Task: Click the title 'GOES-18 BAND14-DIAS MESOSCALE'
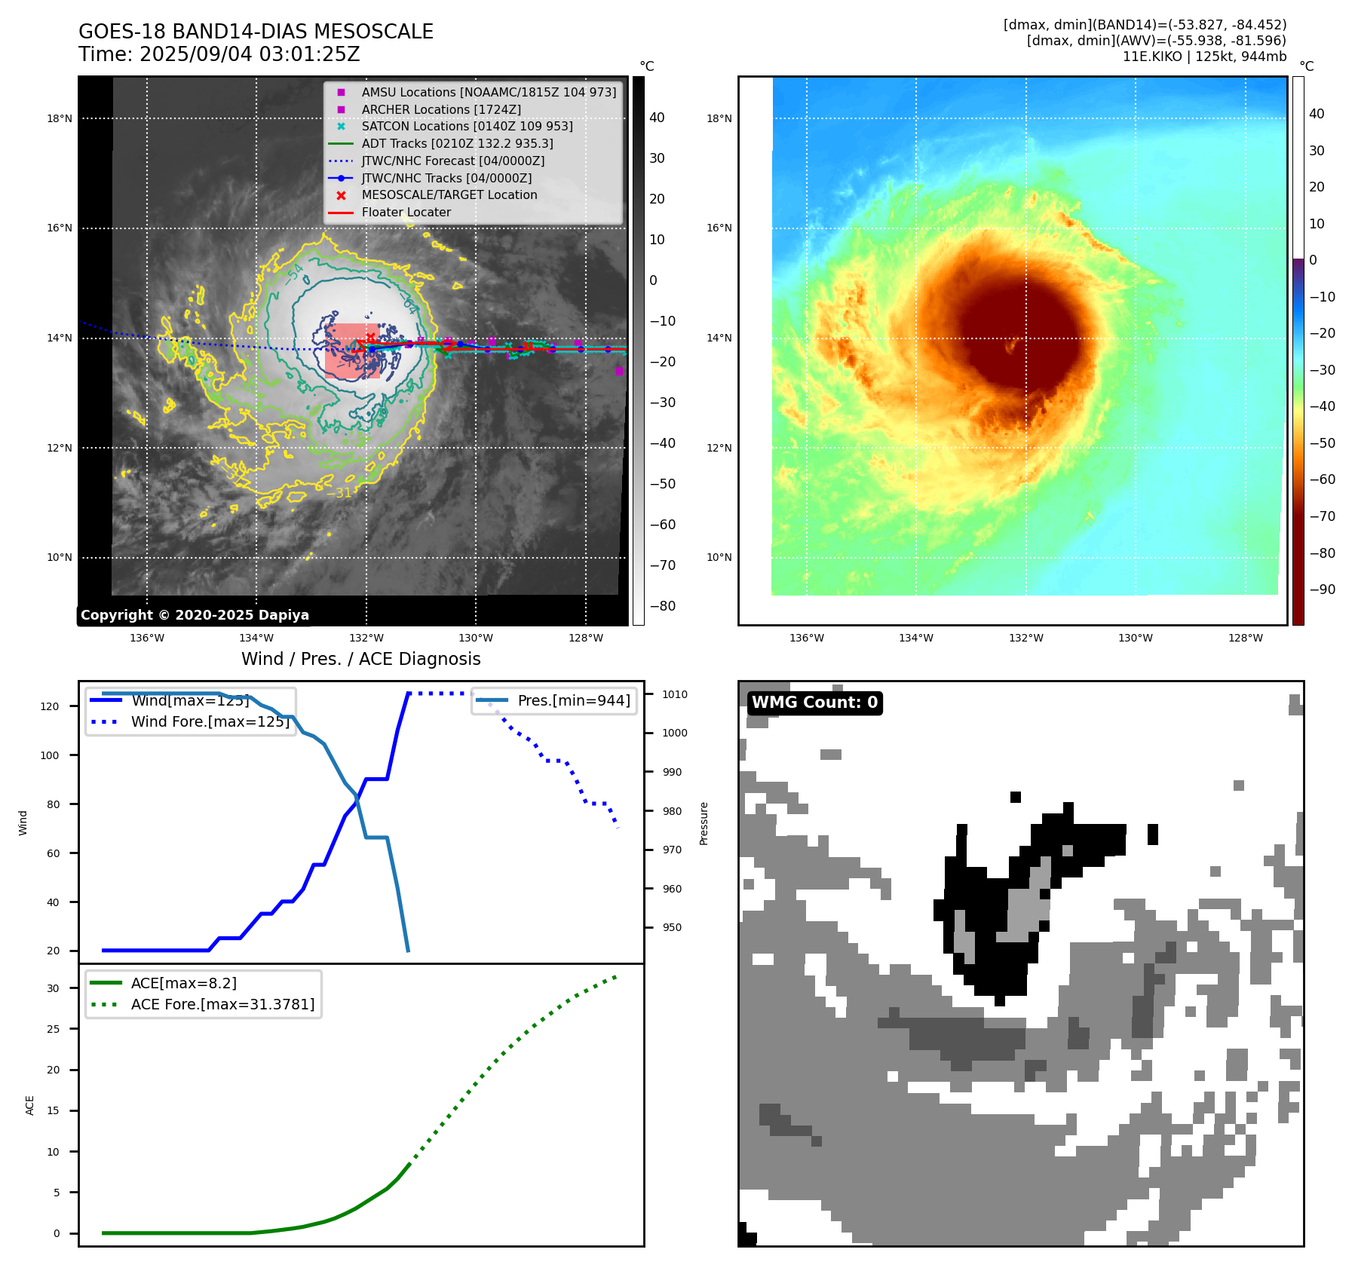[x=256, y=32]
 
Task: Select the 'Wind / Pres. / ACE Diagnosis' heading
[x=360, y=659]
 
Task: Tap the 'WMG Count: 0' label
[x=814, y=703]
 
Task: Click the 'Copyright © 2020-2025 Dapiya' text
[x=195, y=615]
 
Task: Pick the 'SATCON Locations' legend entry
[x=467, y=127]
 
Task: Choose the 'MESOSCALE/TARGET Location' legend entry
[x=449, y=195]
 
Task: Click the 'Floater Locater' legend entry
[x=406, y=213]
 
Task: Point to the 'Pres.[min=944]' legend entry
[x=573, y=700]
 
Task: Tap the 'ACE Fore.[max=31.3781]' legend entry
[x=222, y=1004]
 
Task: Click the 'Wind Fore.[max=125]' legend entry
[x=210, y=721]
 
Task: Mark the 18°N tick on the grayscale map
[x=60, y=118]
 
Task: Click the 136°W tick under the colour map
[x=806, y=638]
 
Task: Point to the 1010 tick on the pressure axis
[x=675, y=694]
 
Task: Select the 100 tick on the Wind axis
[x=50, y=755]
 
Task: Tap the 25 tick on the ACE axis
[x=53, y=1029]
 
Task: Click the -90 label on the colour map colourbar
[x=1322, y=590]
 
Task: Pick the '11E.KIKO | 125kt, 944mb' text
[x=1204, y=57]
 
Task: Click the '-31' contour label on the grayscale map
[x=339, y=493]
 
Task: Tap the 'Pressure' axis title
[x=704, y=823]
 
